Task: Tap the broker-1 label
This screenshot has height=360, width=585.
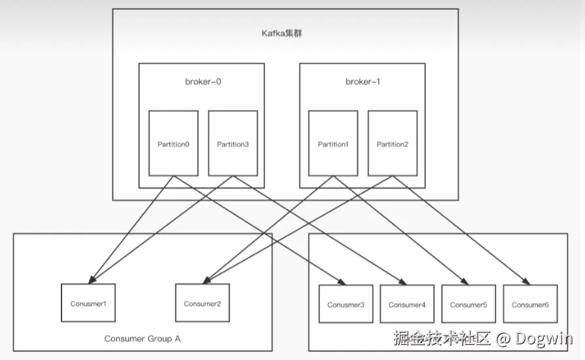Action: coord(363,82)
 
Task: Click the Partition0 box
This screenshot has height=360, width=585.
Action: coord(173,143)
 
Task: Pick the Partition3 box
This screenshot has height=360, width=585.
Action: coord(233,143)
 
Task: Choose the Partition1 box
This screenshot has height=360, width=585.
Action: coord(333,143)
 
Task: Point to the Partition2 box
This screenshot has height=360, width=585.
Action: coord(393,143)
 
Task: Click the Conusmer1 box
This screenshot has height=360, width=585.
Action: coord(88,303)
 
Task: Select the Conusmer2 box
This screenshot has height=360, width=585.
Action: coord(202,303)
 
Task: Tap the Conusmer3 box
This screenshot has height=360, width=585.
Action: coord(346,304)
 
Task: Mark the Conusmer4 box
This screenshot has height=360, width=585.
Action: coord(407,304)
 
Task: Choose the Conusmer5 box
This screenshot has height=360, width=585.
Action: coord(469,304)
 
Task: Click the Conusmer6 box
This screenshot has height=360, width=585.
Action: coord(530,304)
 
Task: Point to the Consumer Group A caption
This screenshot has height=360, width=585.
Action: coord(142,338)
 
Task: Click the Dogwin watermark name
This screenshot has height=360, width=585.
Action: coord(544,338)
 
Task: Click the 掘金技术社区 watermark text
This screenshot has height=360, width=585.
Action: coord(442,338)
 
